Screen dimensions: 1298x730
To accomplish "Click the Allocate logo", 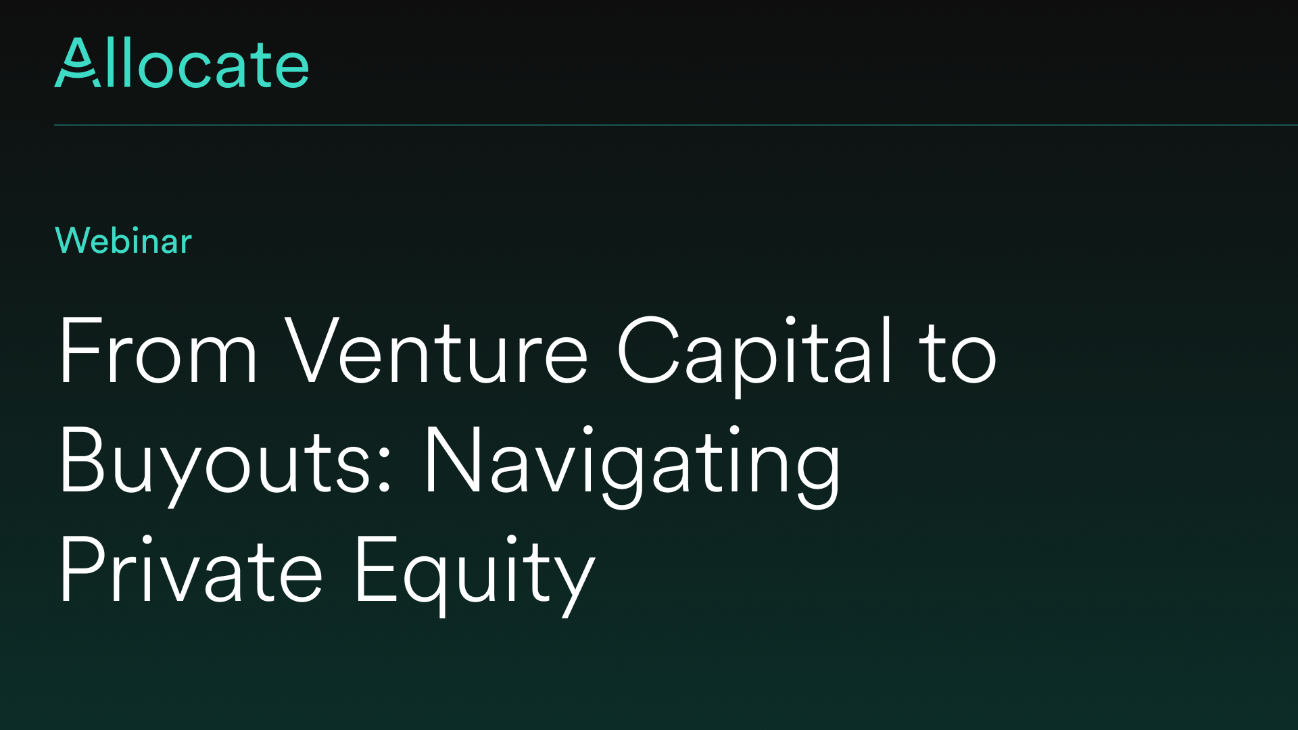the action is [181, 63].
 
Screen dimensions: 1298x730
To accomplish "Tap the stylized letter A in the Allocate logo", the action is [78, 63].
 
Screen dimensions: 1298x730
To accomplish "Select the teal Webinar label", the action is [124, 241].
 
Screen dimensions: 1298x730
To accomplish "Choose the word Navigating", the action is [632, 466].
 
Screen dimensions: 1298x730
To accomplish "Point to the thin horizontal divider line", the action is [676, 125].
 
